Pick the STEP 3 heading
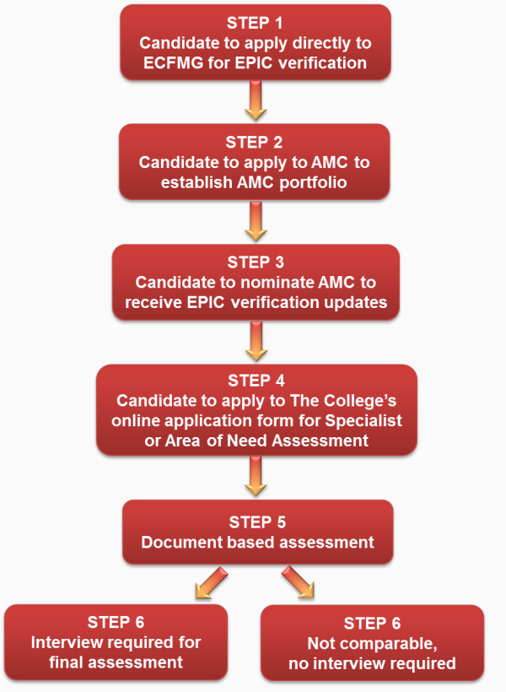click(256, 262)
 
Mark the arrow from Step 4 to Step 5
click(255, 480)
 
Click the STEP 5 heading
click(257, 521)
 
